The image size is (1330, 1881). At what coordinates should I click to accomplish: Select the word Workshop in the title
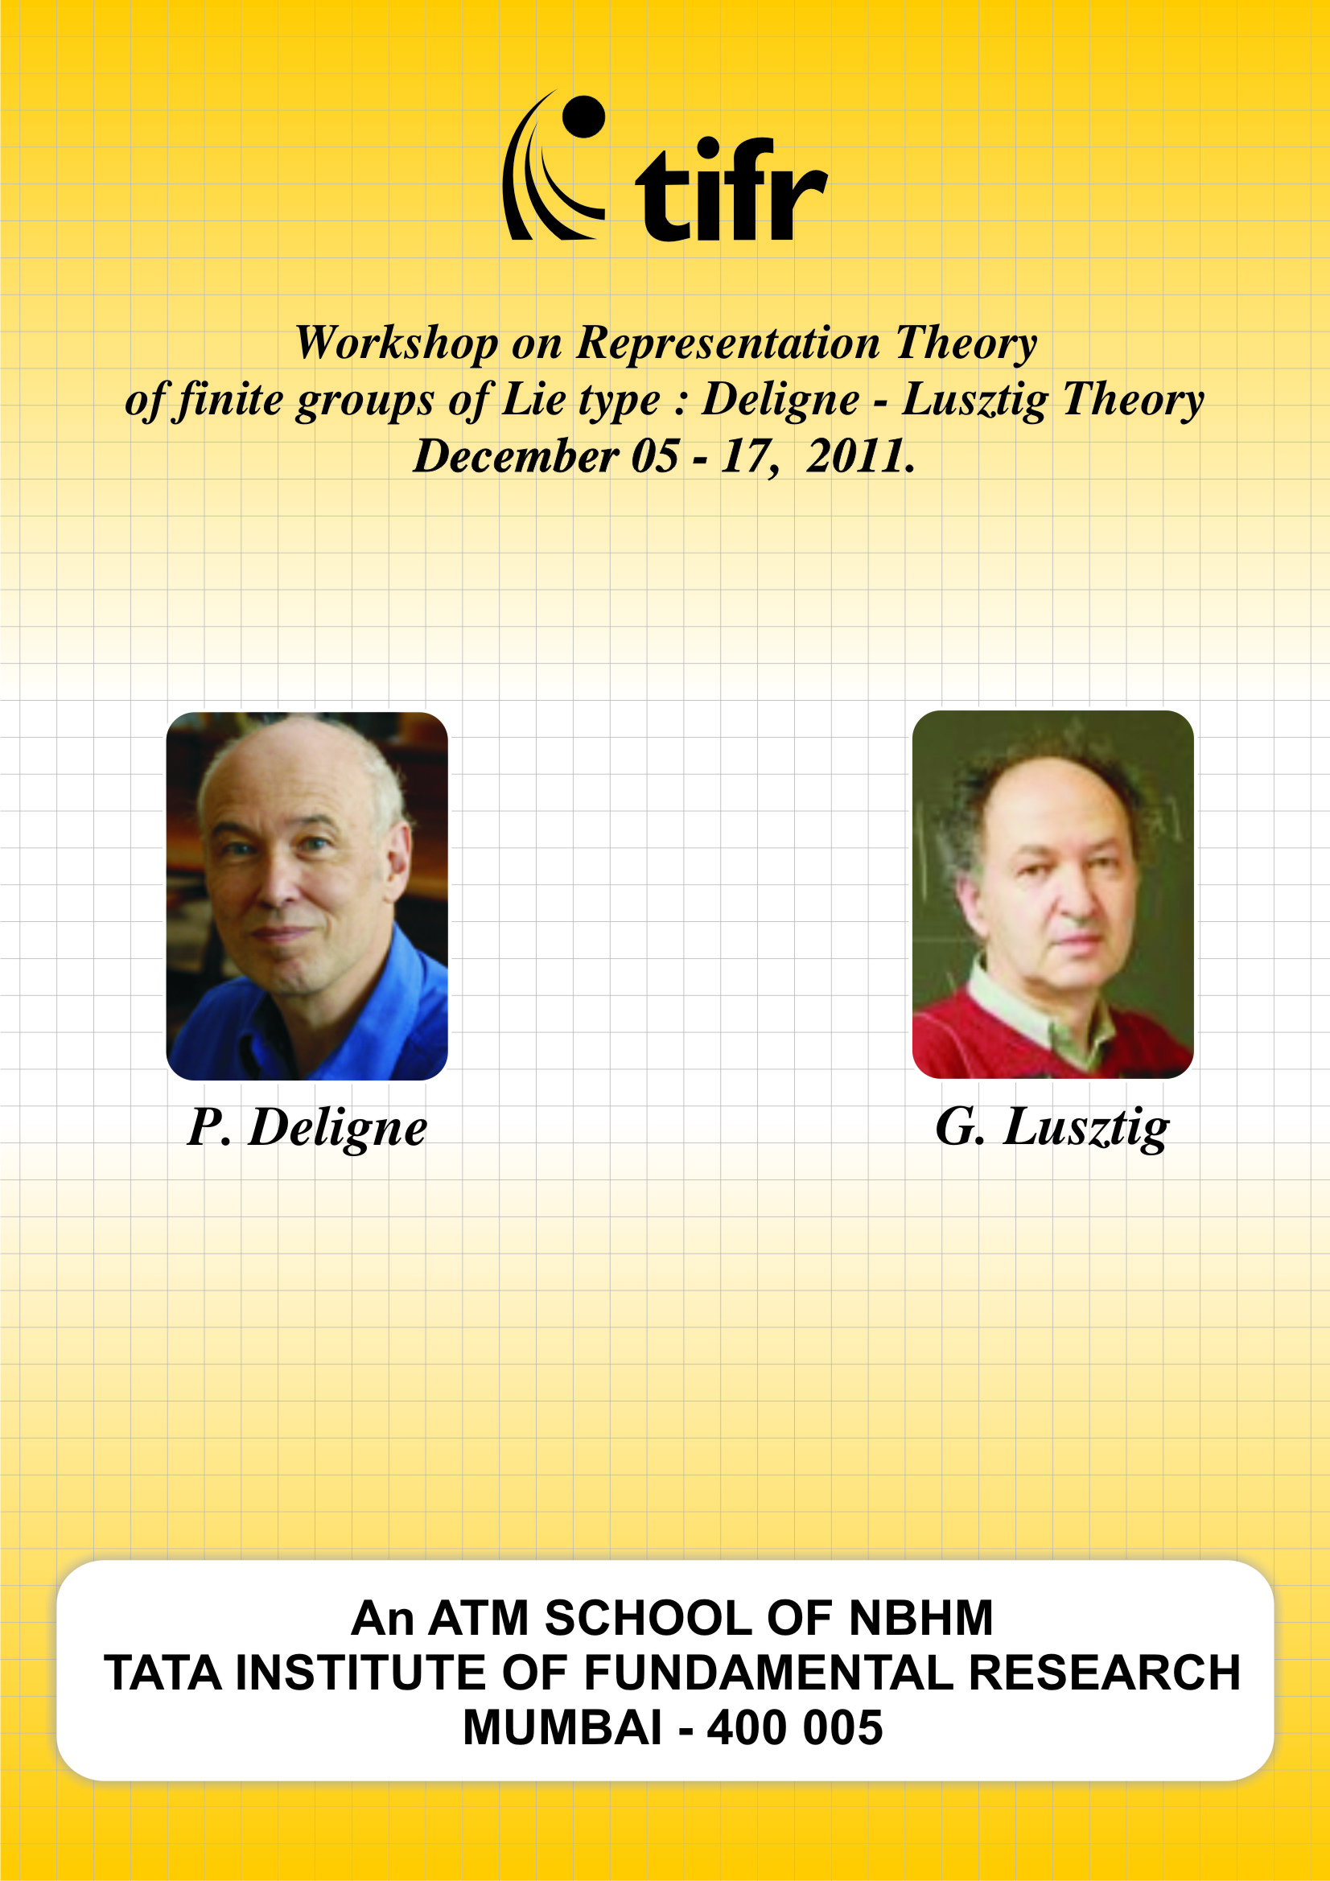click(397, 343)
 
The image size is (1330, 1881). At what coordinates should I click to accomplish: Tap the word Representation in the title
click(727, 344)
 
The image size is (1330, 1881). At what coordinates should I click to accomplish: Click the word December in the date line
click(516, 455)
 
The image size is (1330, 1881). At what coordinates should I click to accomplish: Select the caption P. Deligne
click(307, 1130)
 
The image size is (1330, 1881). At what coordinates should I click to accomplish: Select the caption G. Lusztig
click(1052, 1130)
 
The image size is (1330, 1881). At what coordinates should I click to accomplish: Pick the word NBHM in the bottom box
click(920, 1617)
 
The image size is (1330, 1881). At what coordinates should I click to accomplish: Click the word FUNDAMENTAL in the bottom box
click(768, 1672)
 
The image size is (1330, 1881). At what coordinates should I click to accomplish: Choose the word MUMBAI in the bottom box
click(562, 1727)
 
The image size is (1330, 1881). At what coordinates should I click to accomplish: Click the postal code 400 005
click(795, 1727)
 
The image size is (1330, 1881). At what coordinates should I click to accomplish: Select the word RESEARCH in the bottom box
click(1105, 1672)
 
